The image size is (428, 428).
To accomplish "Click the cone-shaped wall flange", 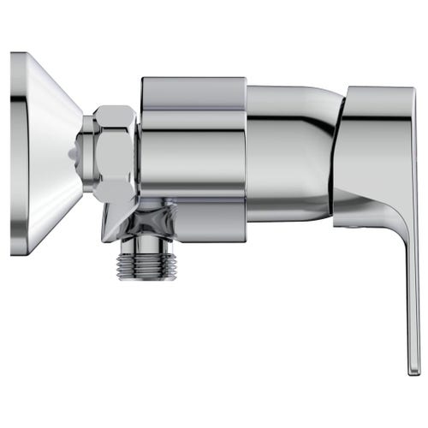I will point(47,154).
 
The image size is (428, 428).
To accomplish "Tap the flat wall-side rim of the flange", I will point(16,154).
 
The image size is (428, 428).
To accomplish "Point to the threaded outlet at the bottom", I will point(146,258).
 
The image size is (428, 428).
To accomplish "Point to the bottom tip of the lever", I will point(413,370).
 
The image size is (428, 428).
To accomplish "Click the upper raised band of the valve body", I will point(193,89).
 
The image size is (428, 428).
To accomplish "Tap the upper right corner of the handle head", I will point(414,91).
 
